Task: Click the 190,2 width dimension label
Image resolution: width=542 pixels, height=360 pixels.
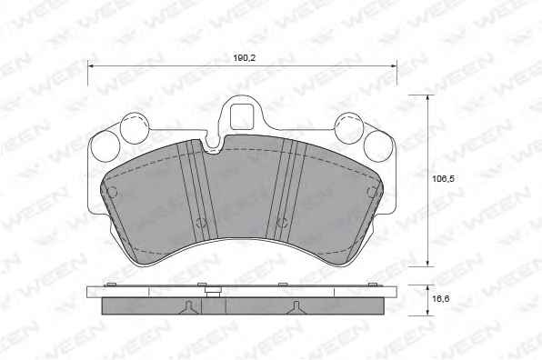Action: click(x=244, y=58)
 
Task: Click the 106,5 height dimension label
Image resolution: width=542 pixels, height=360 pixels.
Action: click(x=444, y=178)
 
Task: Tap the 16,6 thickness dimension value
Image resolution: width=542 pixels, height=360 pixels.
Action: click(x=441, y=298)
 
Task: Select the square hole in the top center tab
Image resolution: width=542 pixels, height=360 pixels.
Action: click(x=243, y=116)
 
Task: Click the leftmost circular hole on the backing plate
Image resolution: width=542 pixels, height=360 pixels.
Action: click(x=105, y=145)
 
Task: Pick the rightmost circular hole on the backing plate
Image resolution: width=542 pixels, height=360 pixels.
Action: click(x=378, y=145)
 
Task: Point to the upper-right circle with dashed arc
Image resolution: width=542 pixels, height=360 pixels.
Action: click(x=349, y=128)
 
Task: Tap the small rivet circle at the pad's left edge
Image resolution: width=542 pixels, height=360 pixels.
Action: click(x=113, y=192)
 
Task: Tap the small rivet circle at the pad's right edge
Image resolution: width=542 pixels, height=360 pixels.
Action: click(x=372, y=192)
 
